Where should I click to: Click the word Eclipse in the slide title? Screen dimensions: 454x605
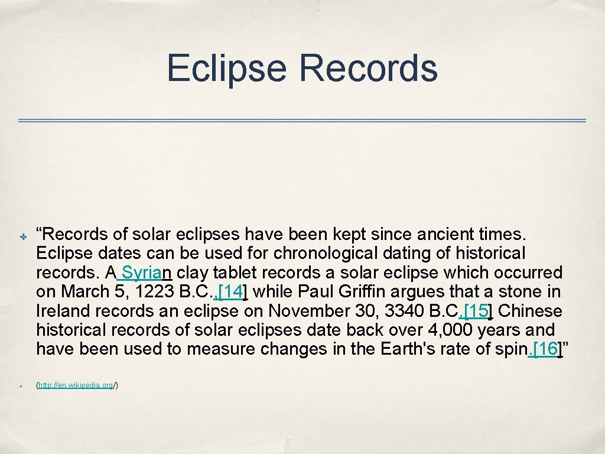[227, 67]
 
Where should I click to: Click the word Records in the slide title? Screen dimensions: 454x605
[369, 67]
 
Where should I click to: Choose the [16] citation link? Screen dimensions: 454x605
[545, 349]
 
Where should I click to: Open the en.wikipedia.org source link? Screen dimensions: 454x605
[77, 385]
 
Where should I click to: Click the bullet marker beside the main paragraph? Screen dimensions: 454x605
[19, 236]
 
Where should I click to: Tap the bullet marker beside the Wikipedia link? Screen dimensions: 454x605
[19, 386]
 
